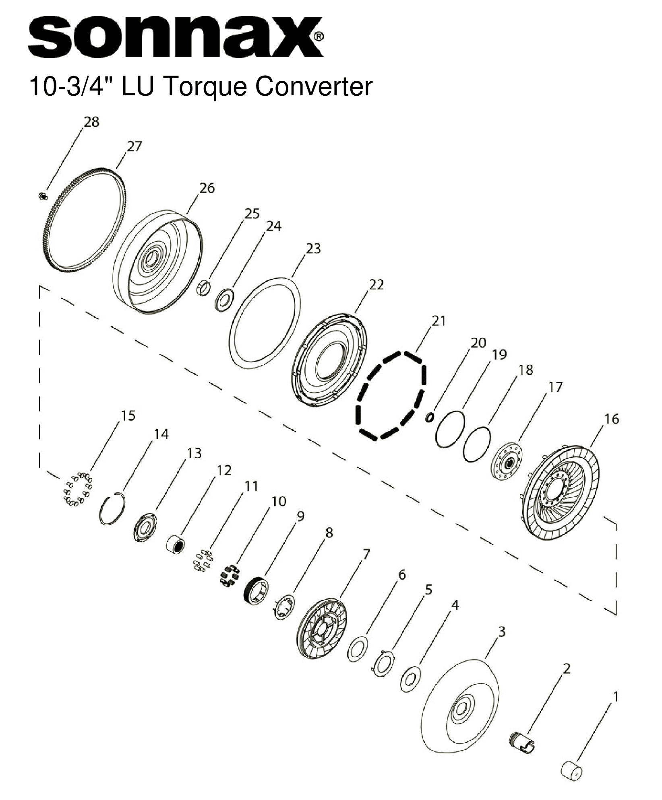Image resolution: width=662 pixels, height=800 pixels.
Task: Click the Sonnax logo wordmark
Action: (175, 37)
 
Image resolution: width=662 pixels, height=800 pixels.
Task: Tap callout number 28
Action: (91, 122)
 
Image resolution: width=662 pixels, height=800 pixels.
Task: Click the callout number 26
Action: (207, 188)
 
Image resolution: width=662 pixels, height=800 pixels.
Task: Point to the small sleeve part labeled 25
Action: (204, 288)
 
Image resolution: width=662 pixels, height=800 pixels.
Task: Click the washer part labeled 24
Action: (223, 299)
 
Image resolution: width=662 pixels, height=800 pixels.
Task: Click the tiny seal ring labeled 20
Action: (430, 418)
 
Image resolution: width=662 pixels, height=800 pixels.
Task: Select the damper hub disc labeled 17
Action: (507, 463)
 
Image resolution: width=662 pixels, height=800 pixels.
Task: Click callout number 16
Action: (612, 419)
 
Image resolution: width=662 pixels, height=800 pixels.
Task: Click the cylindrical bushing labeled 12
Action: (176, 545)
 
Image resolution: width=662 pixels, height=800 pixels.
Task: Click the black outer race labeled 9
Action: (257, 590)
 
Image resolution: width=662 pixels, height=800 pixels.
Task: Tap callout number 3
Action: (501, 632)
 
